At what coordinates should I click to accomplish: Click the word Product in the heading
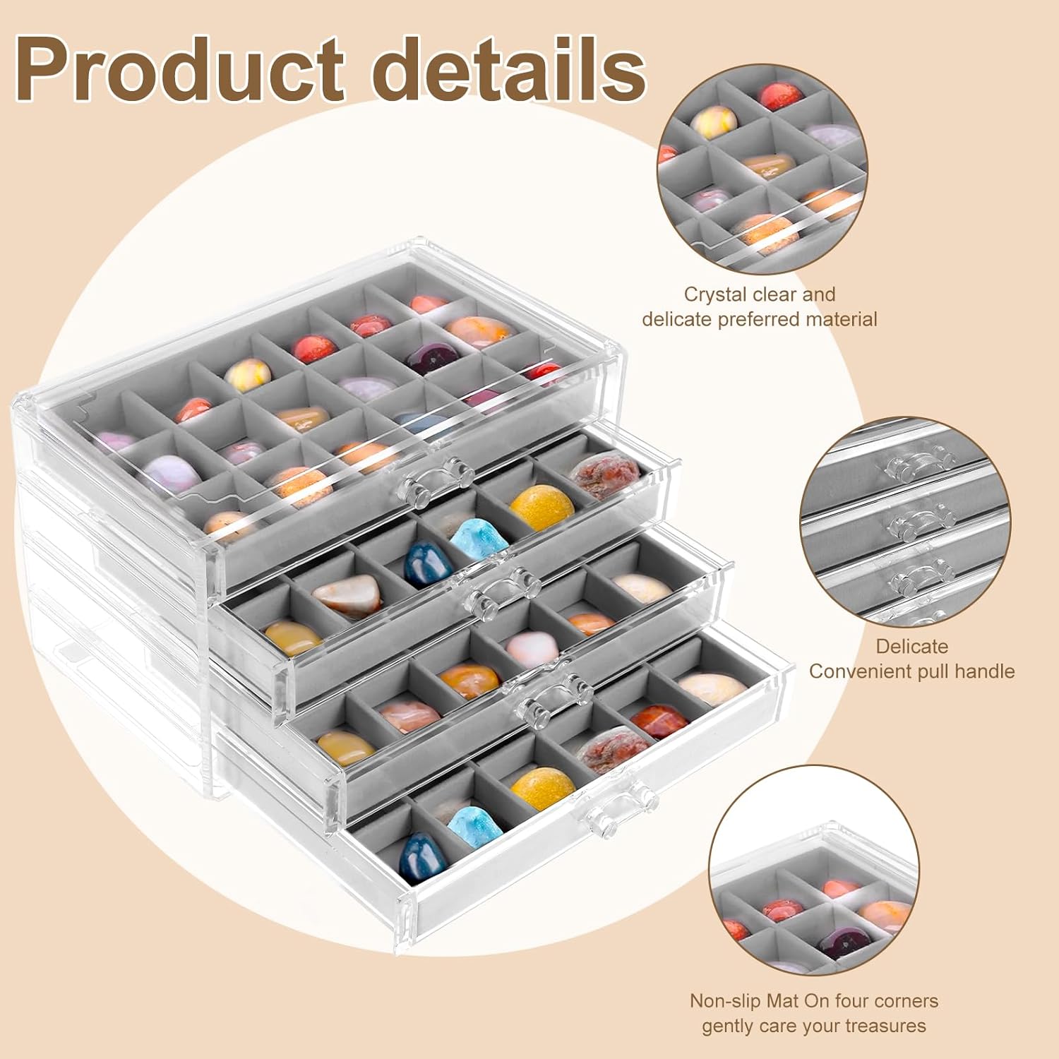180,68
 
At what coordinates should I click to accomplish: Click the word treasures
885,1026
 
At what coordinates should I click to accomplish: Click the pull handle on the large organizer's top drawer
433,481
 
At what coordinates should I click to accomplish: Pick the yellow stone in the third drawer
345,748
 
